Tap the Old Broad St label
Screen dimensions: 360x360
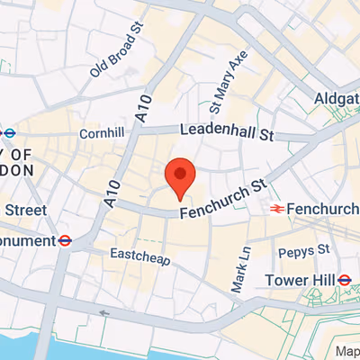click(x=117, y=53)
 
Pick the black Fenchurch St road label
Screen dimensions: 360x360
click(x=224, y=200)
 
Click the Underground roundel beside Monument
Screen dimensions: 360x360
click(x=65, y=240)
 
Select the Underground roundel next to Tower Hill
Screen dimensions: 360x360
click(x=344, y=280)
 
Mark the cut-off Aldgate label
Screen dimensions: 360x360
click(x=337, y=97)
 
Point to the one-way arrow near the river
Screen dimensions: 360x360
click(x=105, y=314)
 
